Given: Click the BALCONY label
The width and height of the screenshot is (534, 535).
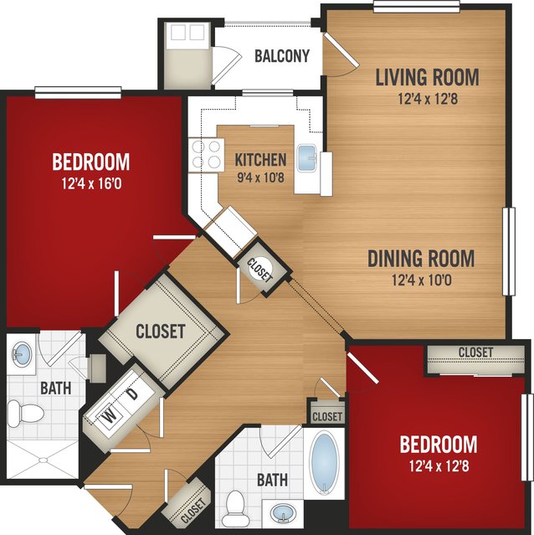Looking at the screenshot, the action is pos(282,56).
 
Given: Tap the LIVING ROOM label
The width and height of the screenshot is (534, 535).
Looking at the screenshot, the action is pos(427,77).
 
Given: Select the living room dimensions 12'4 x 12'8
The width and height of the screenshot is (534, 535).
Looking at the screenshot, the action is pos(428,99).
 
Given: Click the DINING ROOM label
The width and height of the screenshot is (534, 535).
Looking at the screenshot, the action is pos(421,258).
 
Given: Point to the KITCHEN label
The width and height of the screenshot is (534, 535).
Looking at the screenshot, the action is pos(260,160).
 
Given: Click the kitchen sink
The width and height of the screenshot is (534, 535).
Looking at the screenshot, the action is pos(307,158).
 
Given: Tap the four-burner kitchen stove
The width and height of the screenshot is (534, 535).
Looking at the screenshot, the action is pos(206,155).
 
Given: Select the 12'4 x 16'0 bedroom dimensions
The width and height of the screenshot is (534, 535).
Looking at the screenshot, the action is pos(91,184).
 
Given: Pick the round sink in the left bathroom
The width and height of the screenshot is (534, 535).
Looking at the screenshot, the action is pos(22,354).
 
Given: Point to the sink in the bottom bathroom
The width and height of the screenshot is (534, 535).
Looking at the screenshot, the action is pos(283,513).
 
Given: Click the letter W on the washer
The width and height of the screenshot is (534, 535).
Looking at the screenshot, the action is pos(109,417).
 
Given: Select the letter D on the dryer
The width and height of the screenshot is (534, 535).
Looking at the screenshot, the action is pos(132,394).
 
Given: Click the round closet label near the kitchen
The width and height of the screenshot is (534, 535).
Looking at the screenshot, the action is pos(259,270).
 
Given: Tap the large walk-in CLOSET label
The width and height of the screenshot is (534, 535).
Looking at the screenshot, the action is pos(160,332).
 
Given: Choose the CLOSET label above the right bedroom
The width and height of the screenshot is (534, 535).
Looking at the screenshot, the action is pos(475,352).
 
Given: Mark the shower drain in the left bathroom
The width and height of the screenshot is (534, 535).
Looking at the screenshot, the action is pos(44,460).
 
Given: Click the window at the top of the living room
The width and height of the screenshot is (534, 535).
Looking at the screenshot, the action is pos(416,7).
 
